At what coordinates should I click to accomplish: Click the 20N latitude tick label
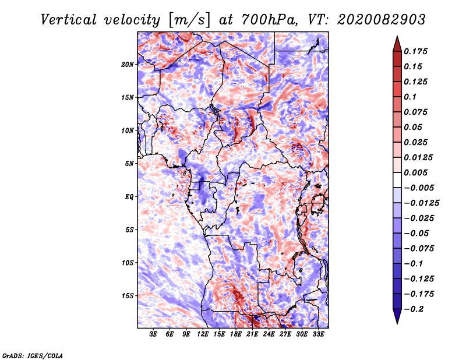128,64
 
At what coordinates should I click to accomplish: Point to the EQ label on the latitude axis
129,197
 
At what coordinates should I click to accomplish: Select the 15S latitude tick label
128,296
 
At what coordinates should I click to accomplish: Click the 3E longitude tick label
154,334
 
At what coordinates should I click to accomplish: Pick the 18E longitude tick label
236,334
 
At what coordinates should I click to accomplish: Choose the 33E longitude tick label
318,334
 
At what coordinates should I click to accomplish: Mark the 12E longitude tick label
203,334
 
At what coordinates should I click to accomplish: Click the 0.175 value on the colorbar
416,51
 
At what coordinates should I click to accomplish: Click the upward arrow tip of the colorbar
396,38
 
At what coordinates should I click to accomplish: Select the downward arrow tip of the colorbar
396,322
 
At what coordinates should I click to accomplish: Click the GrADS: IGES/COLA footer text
33,355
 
